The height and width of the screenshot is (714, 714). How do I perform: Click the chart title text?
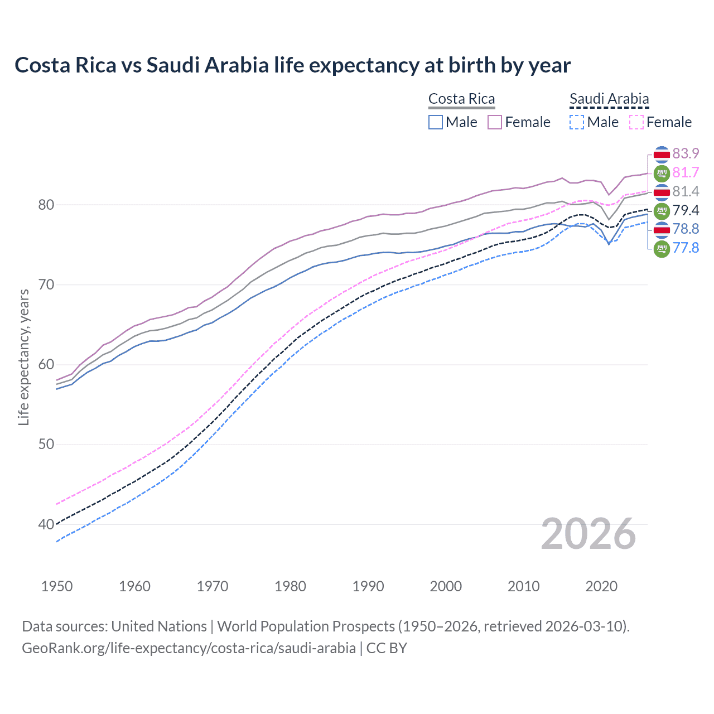[x=292, y=65]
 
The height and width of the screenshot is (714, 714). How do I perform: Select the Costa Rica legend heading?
[x=461, y=99]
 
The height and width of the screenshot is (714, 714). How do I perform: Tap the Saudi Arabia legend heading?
[x=609, y=99]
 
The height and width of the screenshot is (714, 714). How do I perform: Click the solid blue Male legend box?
[x=436, y=122]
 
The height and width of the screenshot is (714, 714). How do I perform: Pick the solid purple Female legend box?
[x=495, y=122]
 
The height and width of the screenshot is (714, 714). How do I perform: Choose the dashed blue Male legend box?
[x=577, y=122]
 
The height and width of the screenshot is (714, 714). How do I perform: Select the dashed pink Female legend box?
[x=636, y=122]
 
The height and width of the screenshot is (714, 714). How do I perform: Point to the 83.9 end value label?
[x=686, y=153]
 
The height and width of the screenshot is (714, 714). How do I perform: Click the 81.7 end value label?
[x=686, y=172]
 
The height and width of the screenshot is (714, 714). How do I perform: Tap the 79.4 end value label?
[x=686, y=210]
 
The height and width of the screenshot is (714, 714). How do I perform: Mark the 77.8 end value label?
[x=686, y=248]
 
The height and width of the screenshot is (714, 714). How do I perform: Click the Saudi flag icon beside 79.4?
[x=662, y=211]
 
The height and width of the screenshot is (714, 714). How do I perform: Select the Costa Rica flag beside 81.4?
[x=662, y=192]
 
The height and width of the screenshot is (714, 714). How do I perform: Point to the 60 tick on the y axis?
[x=46, y=364]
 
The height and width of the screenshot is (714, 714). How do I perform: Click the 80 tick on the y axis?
[x=46, y=205]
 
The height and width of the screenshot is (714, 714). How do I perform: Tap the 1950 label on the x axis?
[x=57, y=586]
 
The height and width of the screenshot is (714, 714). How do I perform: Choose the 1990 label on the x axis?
[x=368, y=586]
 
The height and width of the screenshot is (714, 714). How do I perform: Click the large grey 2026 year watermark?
[x=588, y=534]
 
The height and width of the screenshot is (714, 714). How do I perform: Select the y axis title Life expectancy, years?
[x=23, y=357]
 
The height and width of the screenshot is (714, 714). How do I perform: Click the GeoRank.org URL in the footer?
[x=189, y=648]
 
